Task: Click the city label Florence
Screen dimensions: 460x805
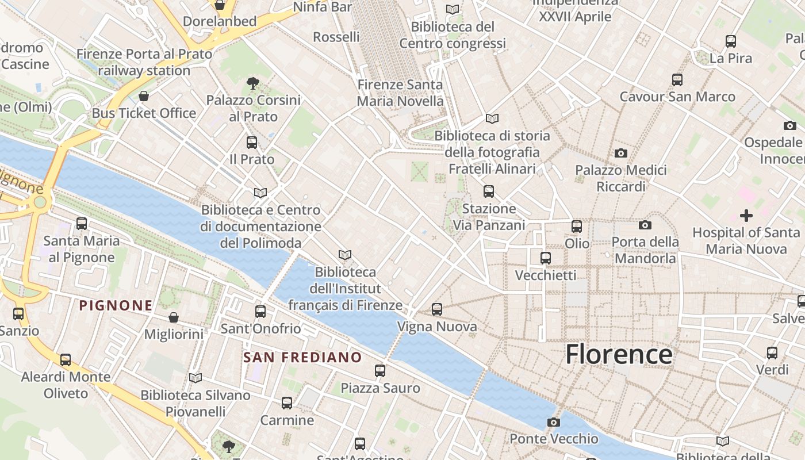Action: click(619, 354)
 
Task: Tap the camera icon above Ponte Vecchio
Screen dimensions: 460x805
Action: click(553, 423)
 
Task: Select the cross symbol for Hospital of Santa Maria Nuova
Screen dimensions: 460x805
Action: click(746, 216)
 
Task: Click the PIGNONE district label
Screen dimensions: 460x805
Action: click(116, 305)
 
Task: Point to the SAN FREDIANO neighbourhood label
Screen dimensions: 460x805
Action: click(302, 357)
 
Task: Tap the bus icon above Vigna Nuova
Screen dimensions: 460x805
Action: click(437, 309)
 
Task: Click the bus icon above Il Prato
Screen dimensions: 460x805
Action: click(251, 142)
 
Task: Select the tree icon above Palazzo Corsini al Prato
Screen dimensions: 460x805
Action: click(252, 83)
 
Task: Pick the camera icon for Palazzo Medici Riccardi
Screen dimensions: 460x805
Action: click(620, 153)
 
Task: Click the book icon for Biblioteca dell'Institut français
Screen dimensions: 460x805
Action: click(345, 255)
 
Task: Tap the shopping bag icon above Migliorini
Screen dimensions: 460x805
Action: click(173, 317)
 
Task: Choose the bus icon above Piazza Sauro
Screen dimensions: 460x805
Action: click(380, 371)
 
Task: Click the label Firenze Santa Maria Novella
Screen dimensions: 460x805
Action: click(400, 93)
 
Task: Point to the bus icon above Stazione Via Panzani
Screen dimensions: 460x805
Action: click(489, 191)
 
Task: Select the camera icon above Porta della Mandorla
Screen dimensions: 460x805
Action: click(645, 225)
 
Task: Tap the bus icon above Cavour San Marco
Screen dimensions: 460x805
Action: click(677, 79)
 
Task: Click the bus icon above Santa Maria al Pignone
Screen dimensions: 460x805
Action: click(82, 224)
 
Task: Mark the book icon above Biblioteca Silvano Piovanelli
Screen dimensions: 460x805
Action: click(195, 378)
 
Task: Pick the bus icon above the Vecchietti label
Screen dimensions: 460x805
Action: click(545, 258)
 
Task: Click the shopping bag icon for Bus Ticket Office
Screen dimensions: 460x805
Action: click(144, 95)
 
